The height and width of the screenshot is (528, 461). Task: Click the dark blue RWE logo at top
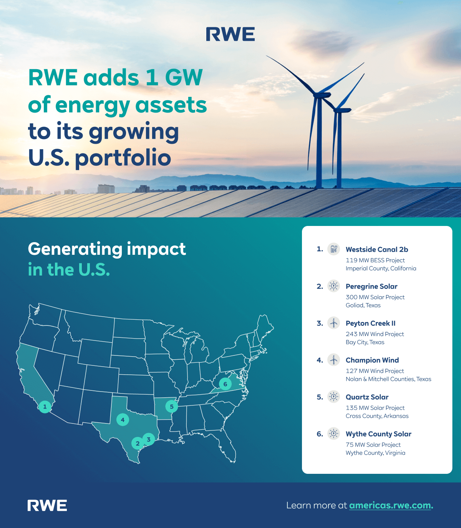(x=230, y=34)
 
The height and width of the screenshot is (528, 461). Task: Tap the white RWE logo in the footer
(x=47, y=505)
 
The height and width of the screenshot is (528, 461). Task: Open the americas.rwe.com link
(x=391, y=505)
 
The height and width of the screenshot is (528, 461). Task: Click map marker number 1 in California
(x=45, y=407)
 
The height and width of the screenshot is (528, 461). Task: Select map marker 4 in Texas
(x=123, y=420)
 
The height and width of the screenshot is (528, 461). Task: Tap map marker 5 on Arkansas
(x=172, y=407)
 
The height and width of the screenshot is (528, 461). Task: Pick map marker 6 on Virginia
(x=226, y=384)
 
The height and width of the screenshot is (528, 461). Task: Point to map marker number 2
(x=138, y=443)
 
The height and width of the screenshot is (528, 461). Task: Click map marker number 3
(x=149, y=439)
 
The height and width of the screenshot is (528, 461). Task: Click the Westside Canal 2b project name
(x=376, y=249)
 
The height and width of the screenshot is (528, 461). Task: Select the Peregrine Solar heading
(x=371, y=286)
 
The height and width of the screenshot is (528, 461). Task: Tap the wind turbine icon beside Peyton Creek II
(x=334, y=323)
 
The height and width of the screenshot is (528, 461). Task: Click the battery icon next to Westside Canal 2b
(x=334, y=249)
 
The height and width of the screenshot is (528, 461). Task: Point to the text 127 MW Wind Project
(x=375, y=371)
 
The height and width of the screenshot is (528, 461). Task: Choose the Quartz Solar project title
(x=367, y=397)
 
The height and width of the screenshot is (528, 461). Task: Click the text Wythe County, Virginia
(x=375, y=453)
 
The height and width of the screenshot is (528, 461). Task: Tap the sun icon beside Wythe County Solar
(x=334, y=433)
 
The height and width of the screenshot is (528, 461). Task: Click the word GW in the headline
(x=184, y=78)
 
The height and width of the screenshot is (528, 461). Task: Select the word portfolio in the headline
(x=123, y=158)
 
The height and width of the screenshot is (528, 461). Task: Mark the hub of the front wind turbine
(x=318, y=94)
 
